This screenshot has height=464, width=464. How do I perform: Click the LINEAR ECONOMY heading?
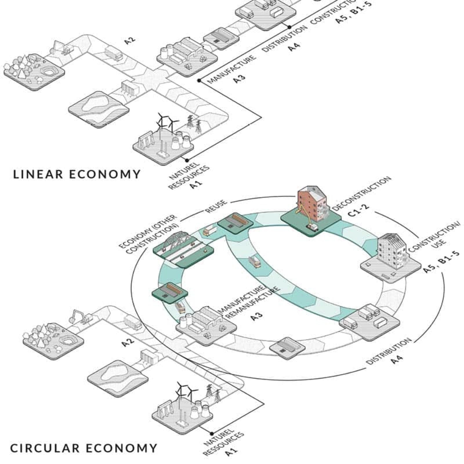pyautogui.click(x=77, y=174)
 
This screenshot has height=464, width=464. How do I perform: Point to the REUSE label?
pyautogui.click(x=216, y=206)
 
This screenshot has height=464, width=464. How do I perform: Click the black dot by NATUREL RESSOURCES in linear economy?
pyautogui.click(x=187, y=160)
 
